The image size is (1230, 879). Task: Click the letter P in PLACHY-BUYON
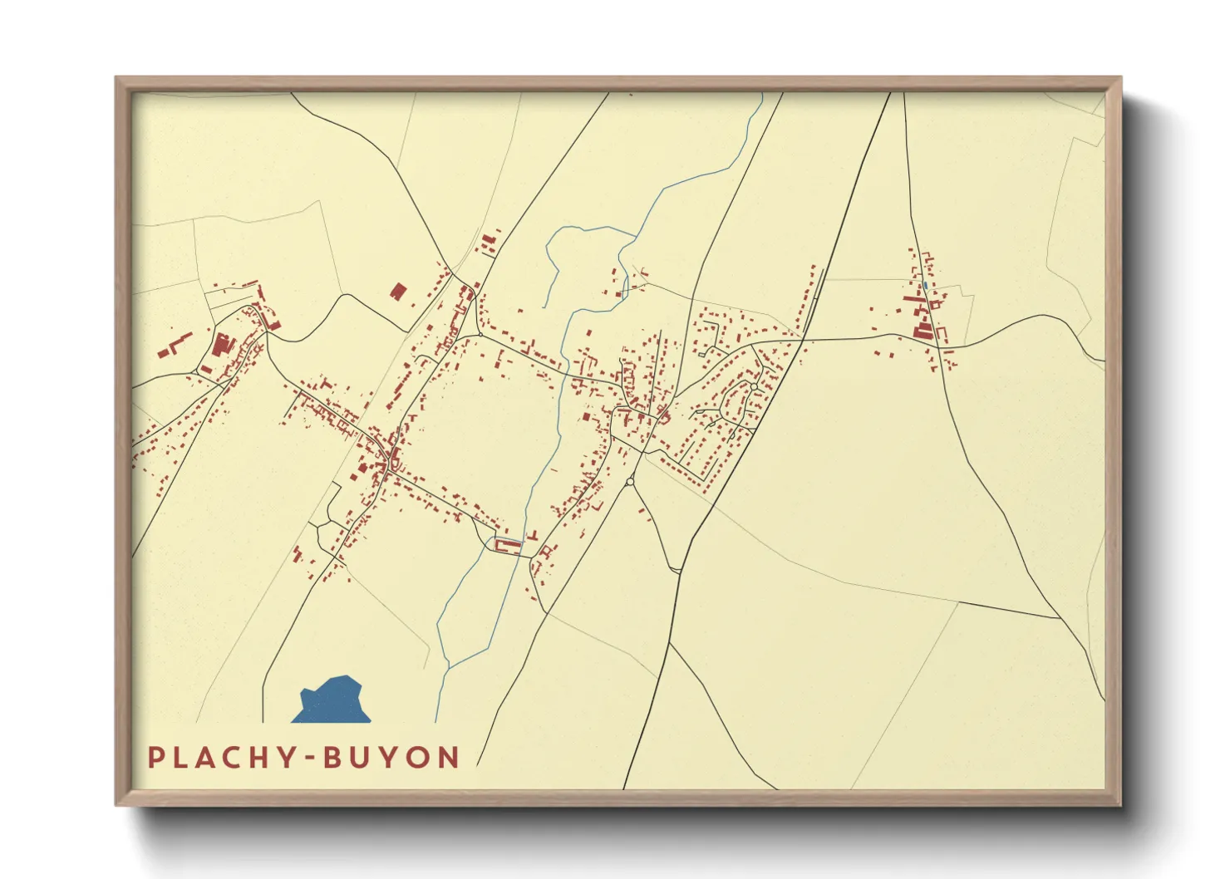[155, 758]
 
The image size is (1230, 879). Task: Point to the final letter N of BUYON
[450, 758]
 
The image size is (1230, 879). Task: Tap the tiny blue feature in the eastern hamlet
[926, 286]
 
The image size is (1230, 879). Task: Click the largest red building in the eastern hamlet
[922, 331]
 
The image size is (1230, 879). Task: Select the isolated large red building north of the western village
[399, 291]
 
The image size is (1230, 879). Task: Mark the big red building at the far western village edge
[221, 344]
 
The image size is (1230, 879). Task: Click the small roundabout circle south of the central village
[630, 481]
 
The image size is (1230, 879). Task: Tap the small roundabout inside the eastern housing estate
[753, 386]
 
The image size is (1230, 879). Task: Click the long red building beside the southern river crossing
[507, 545]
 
